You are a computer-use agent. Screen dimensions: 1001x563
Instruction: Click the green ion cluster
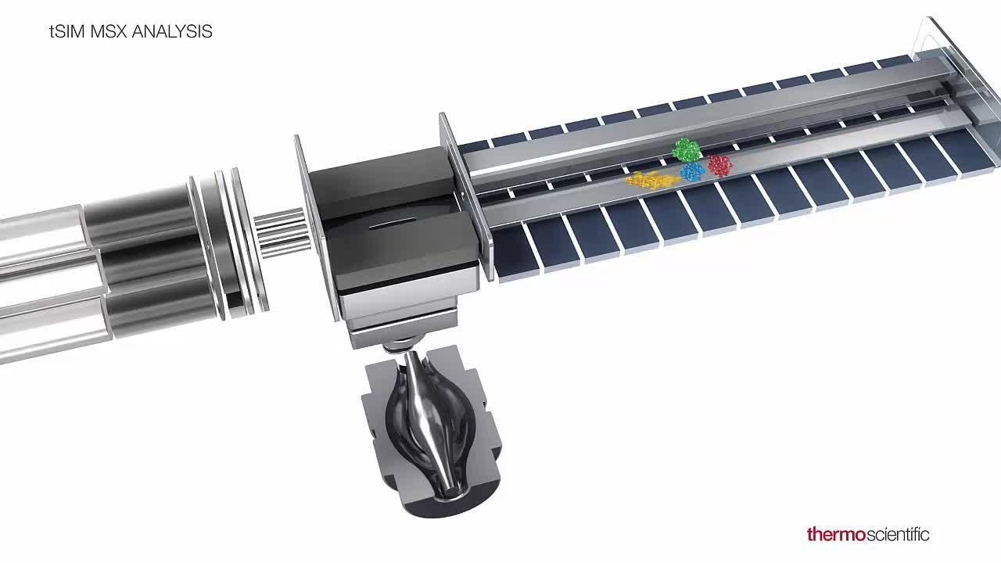point(687,150)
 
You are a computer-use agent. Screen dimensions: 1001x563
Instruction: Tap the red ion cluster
point(720,165)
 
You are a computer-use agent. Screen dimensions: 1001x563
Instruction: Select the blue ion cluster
point(692,171)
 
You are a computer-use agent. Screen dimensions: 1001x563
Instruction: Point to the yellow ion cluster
point(652,180)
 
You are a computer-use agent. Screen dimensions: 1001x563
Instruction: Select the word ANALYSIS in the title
point(172,32)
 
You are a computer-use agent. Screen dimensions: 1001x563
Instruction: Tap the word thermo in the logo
point(836,534)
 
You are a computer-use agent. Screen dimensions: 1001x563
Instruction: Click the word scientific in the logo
point(897,534)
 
